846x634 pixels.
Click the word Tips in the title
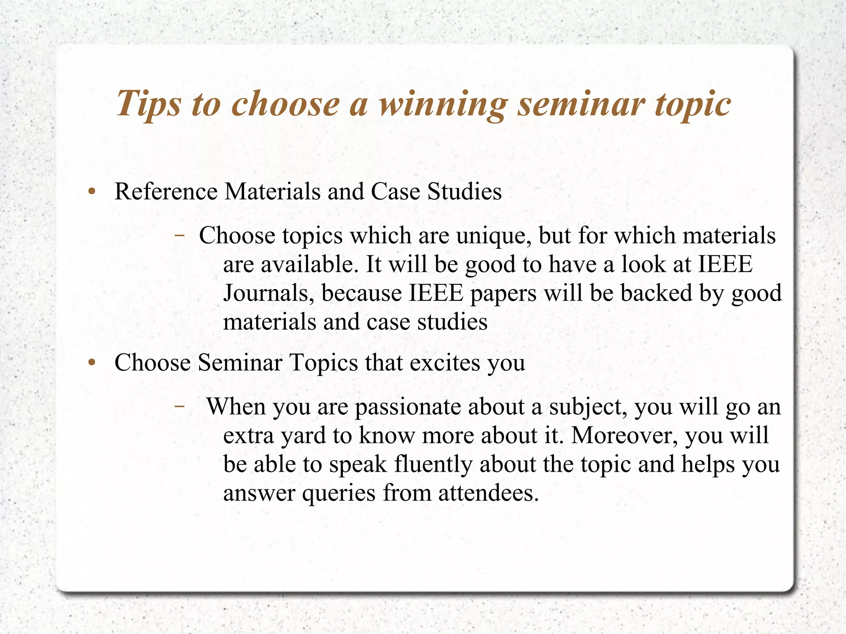pyautogui.click(x=149, y=103)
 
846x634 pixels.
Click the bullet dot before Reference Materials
pyautogui.click(x=92, y=192)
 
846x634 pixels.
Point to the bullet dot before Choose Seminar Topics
pyautogui.click(x=92, y=363)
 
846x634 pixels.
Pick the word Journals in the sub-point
pyautogui.click(x=269, y=293)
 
